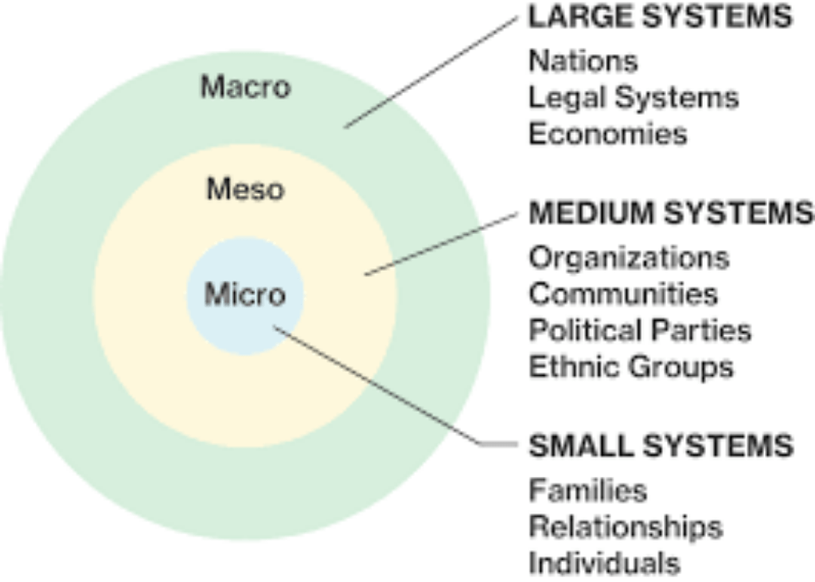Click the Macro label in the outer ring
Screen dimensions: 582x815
coord(245,87)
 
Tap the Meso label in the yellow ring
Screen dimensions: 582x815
coord(245,190)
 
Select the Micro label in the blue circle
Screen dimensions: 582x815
coord(245,295)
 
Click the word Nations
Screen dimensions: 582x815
coord(583,61)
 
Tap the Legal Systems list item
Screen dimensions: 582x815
coord(634,98)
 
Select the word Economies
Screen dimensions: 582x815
coord(607,134)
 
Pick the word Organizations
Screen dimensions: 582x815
coord(629,258)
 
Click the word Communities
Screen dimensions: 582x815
coord(623,294)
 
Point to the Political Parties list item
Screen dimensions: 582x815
coord(640,330)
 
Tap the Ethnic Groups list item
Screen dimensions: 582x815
coord(631,367)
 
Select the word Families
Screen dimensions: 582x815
coord(588,490)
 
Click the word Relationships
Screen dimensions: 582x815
coord(626,526)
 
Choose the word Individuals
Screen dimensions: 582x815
coord(605,563)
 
